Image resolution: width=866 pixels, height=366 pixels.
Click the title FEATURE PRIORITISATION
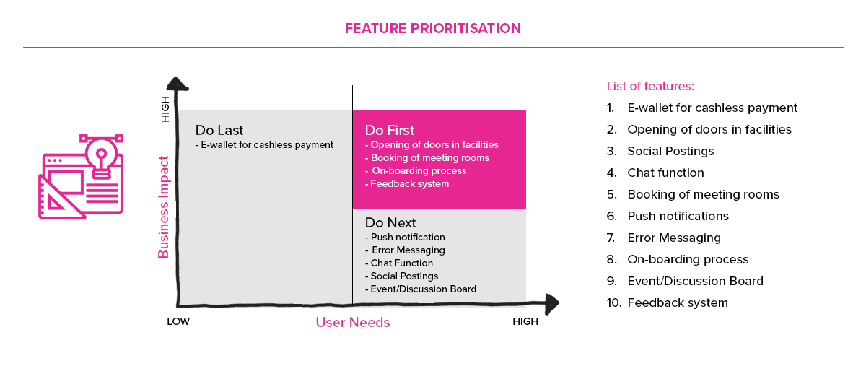(432, 28)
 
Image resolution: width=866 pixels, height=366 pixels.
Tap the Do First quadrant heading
(389, 130)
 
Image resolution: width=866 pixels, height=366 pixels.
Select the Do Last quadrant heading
(219, 130)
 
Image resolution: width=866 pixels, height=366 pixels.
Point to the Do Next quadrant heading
(390, 222)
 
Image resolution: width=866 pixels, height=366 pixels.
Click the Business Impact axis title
(164, 207)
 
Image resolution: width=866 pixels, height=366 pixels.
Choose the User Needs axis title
(353, 322)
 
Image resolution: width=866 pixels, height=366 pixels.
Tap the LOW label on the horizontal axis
(178, 321)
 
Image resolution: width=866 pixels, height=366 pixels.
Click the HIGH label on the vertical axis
(165, 109)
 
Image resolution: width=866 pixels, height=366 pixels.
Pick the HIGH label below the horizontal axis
(525, 321)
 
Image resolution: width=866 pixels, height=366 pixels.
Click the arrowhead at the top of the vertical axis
(177, 83)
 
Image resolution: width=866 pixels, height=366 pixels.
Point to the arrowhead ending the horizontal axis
(551, 304)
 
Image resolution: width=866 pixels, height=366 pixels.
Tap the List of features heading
(650, 86)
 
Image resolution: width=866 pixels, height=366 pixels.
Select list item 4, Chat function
(655, 173)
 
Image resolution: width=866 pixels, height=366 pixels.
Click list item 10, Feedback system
(668, 302)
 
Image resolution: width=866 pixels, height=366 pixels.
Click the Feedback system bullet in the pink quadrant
(407, 184)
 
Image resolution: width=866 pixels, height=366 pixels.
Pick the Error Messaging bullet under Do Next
(405, 250)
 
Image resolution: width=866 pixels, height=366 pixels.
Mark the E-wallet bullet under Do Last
(264, 144)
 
